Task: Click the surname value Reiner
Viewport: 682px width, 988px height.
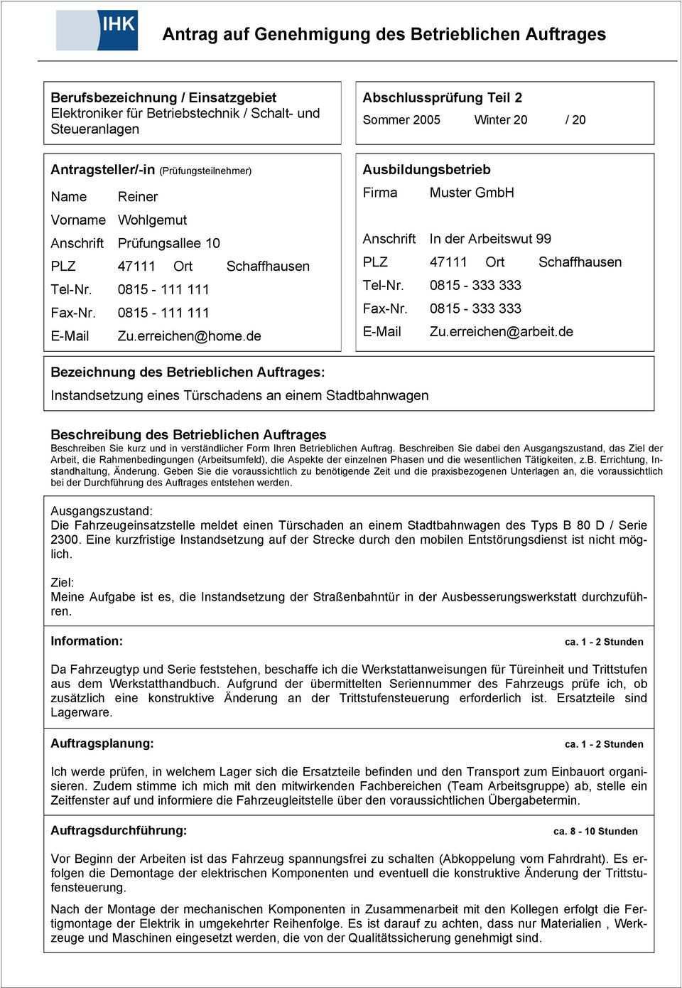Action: [x=138, y=197]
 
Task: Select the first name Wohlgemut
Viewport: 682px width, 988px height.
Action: [x=152, y=220]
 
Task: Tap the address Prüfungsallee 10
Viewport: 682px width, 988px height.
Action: [x=168, y=243]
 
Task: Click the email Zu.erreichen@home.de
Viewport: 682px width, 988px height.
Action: [x=190, y=336]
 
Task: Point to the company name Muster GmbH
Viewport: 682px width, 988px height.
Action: [x=472, y=193]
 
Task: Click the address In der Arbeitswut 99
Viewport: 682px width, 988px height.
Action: [x=490, y=239]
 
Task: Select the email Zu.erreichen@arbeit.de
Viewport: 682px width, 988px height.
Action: [x=501, y=332]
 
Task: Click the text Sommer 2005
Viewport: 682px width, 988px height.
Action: [x=401, y=120]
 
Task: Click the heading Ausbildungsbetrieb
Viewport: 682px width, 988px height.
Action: [x=426, y=170]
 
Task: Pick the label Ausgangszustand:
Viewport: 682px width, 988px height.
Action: [x=101, y=511]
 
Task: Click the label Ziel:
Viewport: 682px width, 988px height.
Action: [x=62, y=582]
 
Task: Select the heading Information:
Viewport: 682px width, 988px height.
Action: [x=87, y=641]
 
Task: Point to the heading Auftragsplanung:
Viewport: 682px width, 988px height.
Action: [x=102, y=743]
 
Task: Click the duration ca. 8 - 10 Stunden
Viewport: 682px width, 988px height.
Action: [x=595, y=831]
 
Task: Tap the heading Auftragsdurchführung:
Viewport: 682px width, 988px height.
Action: [x=119, y=830]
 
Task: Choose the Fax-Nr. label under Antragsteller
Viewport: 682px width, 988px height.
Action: [x=70, y=313]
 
